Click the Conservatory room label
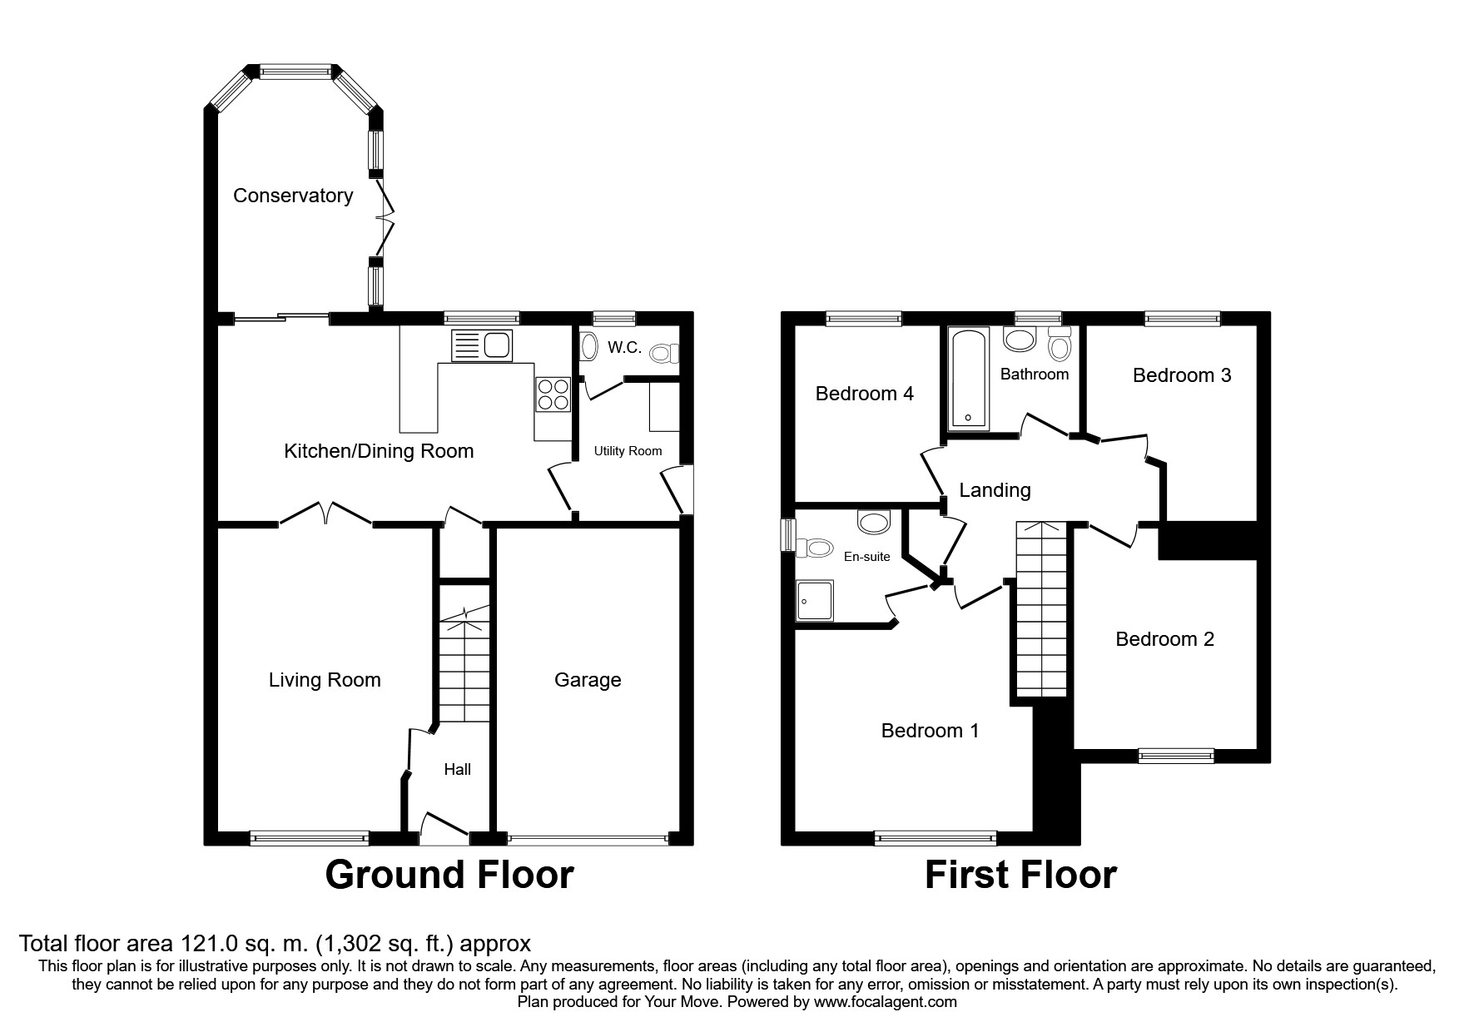293,196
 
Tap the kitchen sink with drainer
482,345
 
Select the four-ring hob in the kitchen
553,394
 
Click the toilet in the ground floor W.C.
663,354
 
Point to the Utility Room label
628,451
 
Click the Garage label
588,680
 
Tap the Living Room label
325,680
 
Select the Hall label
457,770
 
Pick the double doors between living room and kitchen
325,514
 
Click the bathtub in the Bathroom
967,379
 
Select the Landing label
995,490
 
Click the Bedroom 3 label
1182,375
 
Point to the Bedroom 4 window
864,317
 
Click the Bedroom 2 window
1176,755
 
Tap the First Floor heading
1020,875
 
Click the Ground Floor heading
449,875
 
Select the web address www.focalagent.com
886,1002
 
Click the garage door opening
588,839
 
